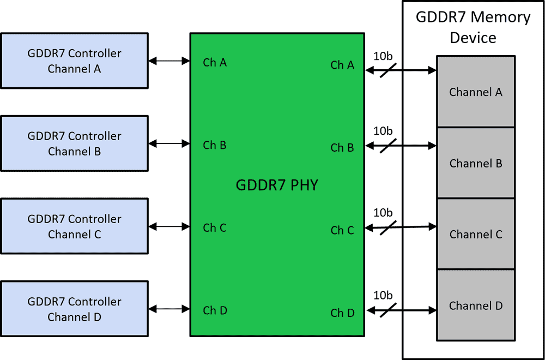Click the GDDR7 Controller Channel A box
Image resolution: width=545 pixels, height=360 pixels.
tap(74, 61)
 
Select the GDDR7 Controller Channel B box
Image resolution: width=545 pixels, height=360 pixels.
tap(74, 143)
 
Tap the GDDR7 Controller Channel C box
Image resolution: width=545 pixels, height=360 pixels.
tap(74, 226)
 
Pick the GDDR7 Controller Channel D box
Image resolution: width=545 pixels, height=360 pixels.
tap(74, 309)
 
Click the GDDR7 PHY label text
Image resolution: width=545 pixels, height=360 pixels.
tap(276, 185)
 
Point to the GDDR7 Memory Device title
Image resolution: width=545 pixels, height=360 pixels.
tap(473, 27)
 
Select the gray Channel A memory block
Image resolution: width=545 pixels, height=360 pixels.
tap(475, 92)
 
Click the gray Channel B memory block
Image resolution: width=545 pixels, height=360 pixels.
tap(475, 163)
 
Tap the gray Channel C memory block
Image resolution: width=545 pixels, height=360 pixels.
tap(475, 234)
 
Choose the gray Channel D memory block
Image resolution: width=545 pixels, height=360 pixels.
tap(475, 305)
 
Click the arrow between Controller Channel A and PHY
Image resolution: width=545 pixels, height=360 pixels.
tap(169, 61)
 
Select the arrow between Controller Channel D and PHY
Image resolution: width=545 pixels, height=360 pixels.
tap(169, 309)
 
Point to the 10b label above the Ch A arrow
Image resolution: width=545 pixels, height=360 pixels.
tap(383, 56)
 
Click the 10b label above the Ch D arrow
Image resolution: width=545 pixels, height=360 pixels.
tap(383, 295)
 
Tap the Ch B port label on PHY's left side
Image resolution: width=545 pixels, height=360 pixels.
tap(215, 145)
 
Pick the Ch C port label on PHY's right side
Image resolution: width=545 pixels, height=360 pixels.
tap(342, 230)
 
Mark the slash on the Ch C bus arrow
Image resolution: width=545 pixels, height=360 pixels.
tap(387, 227)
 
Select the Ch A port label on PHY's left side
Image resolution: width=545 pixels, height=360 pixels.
tap(215, 63)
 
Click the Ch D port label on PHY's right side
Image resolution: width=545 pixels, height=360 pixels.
tap(342, 313)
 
